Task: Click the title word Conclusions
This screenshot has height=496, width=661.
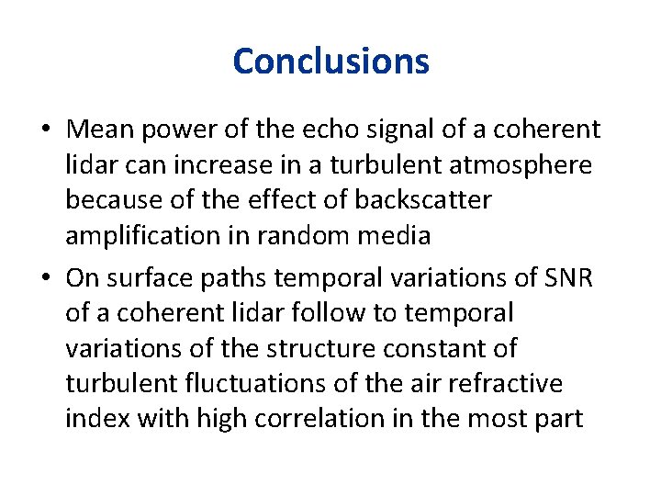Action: pyautogui.click(x=330, y=62)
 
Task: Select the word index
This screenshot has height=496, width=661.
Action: pyautogui.click(x=95, y=420)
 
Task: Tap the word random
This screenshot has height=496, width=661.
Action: pyautogui.click(x=295, y=236)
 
